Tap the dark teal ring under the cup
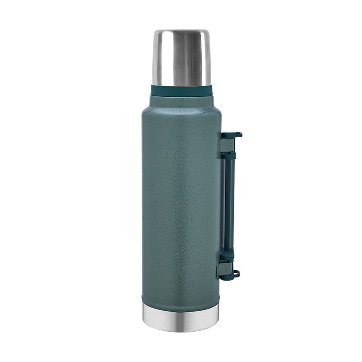(x=181, y=90)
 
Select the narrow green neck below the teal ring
(x=181, y=99)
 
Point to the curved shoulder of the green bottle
(x=154, y=108)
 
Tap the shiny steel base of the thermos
(x=181, y=314)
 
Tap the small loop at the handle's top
(x=237, y=134)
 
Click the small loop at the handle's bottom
(x=235, y=273)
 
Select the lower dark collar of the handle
(x=228, y=256)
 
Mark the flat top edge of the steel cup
(x=181, y=31)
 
